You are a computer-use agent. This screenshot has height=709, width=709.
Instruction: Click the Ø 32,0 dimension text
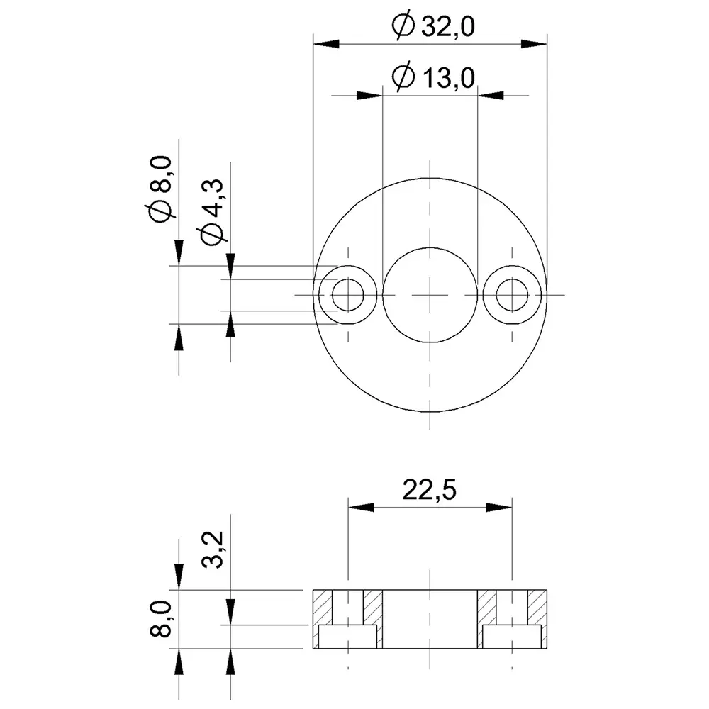(x=432, y=26)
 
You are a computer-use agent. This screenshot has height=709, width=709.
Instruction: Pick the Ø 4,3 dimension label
(x=213, y=213)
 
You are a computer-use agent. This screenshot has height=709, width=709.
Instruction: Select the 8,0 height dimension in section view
(x=162, y=618)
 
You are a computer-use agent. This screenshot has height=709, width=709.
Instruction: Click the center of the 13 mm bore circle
(x=430, y=295)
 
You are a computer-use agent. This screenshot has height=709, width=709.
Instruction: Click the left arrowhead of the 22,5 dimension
(x=360, y=507)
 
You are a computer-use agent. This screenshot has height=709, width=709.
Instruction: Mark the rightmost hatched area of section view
(x=538, y=607)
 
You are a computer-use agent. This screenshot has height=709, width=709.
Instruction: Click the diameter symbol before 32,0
(x=402, y=26)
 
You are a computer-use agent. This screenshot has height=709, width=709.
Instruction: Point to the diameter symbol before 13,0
(x=402, y=77)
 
